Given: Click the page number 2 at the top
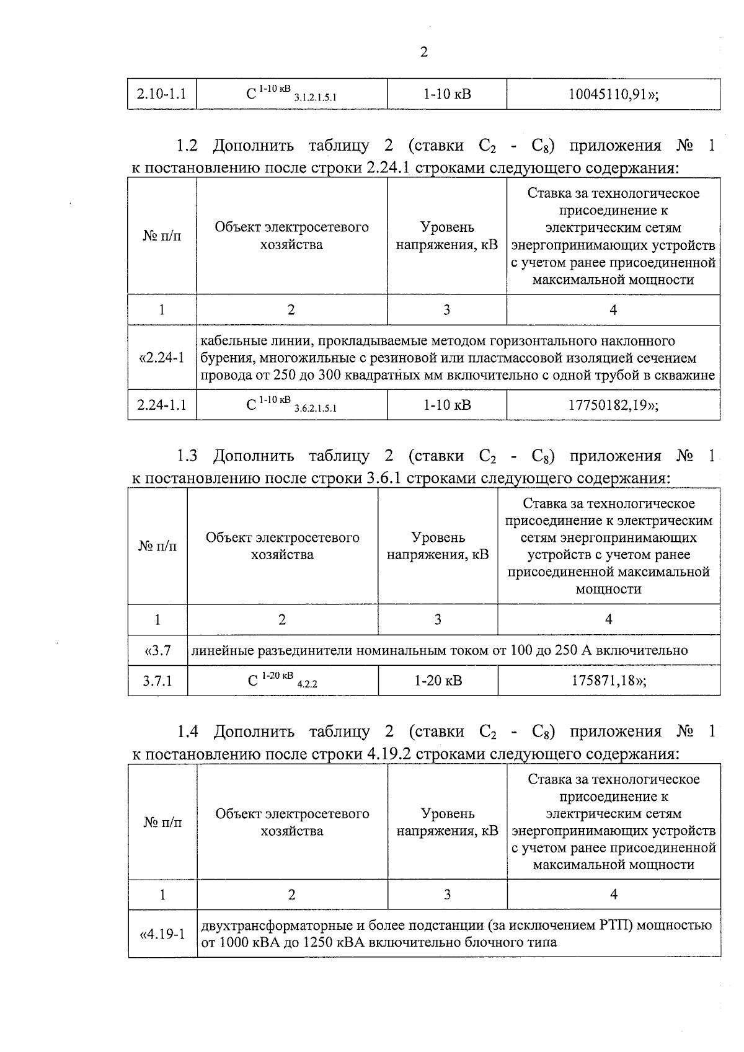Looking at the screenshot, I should point(423,53).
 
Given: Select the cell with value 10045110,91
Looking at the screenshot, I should point(613,95).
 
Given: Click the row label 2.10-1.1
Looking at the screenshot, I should point(161,95).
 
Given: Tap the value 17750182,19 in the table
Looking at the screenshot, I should point(613,405).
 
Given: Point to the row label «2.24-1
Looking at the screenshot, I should point(162,358).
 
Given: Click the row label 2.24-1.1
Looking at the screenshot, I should point(162,405).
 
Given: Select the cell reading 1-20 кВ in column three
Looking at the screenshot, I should point(438,681).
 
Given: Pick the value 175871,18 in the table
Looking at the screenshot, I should point(608,681).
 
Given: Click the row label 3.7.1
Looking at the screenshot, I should point(157,681).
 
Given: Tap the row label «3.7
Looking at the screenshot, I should point(157,651).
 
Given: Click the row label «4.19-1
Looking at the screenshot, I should point(162,934).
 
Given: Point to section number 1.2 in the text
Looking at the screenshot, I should point(187,146).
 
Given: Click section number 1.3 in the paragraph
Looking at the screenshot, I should point(187,457).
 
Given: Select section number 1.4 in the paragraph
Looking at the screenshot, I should point(187,732).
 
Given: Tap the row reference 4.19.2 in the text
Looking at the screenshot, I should point(384,754).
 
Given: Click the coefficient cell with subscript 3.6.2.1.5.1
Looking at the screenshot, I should point(291,405).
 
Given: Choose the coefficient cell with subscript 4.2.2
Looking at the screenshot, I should point(282,681).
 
